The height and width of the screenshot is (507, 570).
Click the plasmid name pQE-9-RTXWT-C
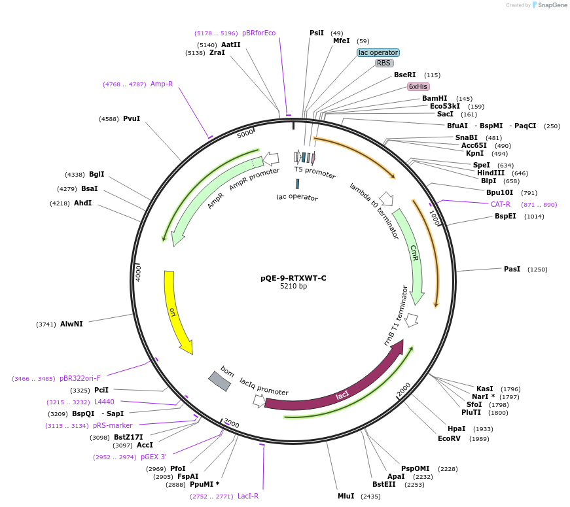coord(293,278)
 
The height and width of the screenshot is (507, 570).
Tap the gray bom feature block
coord(220,381)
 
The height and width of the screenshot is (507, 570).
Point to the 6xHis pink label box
coord(418,86)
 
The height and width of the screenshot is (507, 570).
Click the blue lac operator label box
coord(378,52)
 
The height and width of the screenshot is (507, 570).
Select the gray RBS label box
coord(383,63)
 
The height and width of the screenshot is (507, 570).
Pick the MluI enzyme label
coord(346,496)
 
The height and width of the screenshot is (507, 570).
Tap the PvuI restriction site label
coord(132,119)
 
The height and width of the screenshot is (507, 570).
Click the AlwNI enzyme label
coord(71,324)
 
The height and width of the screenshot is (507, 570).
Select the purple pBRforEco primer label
coord(259,33)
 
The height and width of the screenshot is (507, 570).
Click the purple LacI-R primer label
coord(248,496)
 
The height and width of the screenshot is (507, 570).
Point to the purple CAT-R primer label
coord(501,204)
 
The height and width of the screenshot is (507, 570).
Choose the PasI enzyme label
coord(512,269)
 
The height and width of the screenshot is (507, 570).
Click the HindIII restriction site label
coord(491,173)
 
